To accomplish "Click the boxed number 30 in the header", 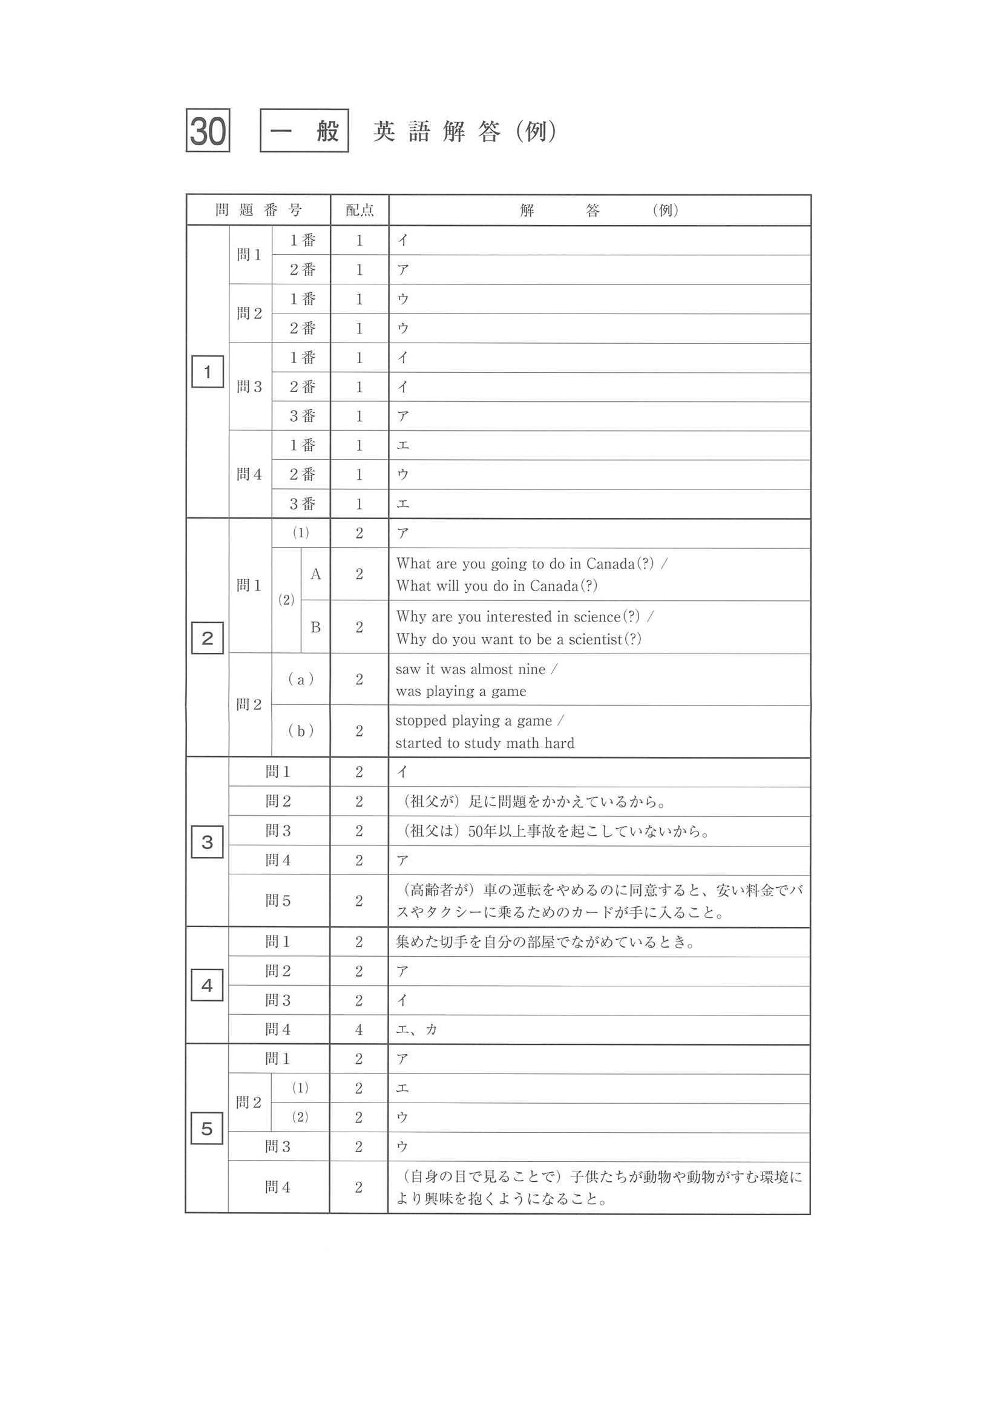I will [x=208, y=130].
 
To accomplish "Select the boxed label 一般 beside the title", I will [x=304, y=130].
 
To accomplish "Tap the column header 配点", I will [x=359, y=211].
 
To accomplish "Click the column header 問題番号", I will [x=258, y=211].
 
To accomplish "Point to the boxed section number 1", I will [x=207, y=372].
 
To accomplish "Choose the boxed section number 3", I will [x=207, y=842].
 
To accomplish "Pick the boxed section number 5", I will [x=207, y=1129].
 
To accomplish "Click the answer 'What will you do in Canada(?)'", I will [x=496, y=586].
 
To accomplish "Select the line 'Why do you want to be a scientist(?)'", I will [x=518, y=639].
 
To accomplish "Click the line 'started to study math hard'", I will [x=484, y=743].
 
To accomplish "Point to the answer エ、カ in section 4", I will [x=416, y=1029].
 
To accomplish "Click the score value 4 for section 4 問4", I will [x=359, y=1029].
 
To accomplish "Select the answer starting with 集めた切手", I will [x=545, y=942].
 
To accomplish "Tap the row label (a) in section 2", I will [x=301, y=680].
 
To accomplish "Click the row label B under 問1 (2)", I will [x=315, y=627].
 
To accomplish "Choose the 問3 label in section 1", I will [x=249, y=387].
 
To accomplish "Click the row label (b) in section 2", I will [x=301, y=731].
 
